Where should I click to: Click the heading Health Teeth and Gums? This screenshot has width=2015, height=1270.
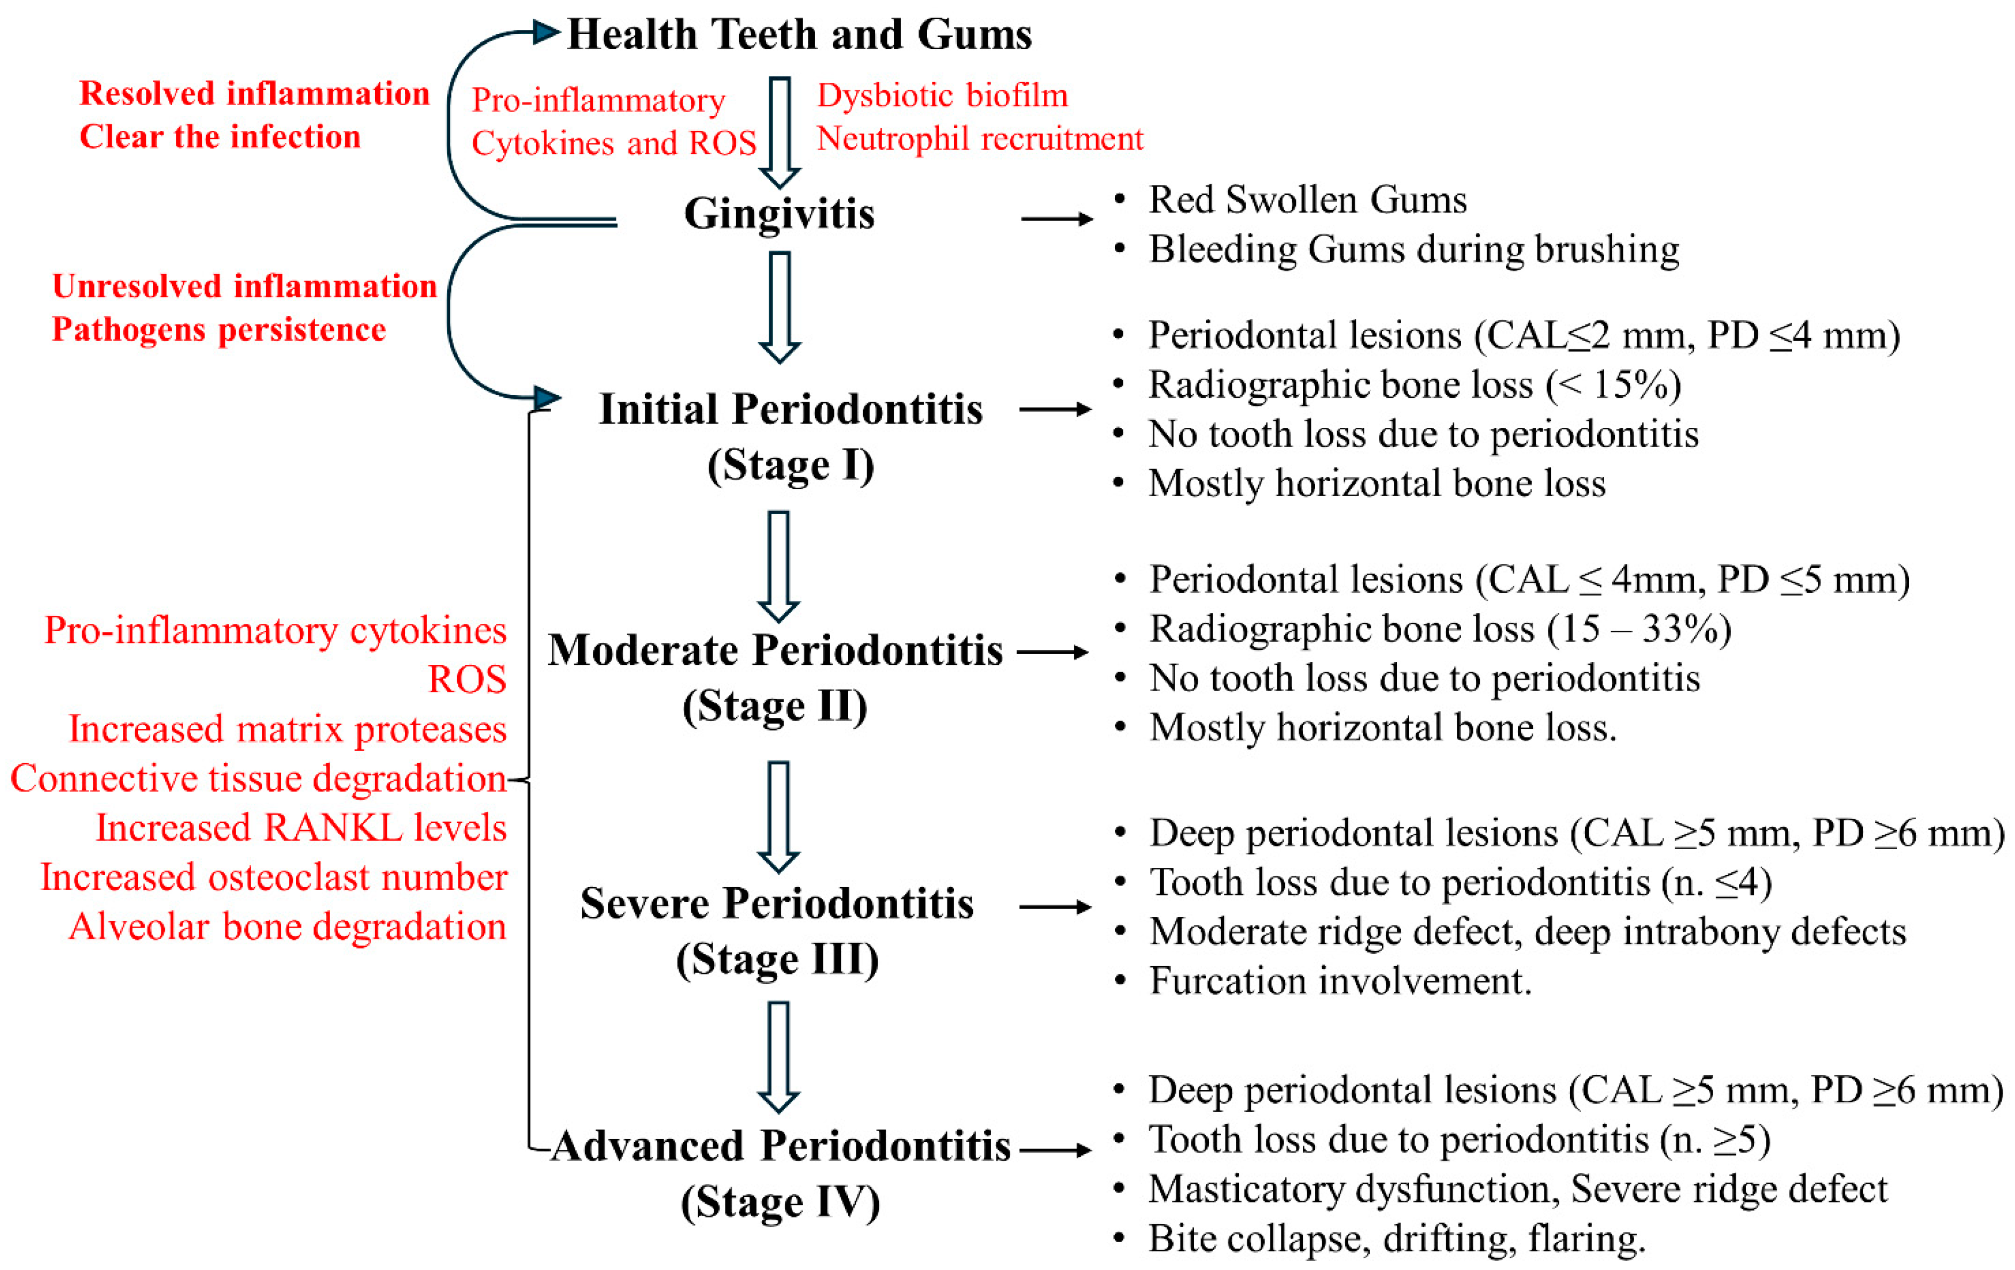(x=799, y=35)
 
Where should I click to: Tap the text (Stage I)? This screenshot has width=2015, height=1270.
(x=791, y=465)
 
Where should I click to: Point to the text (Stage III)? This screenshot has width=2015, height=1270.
(x=777, y=959)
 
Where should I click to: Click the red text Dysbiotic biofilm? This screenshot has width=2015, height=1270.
(x=942, y=96)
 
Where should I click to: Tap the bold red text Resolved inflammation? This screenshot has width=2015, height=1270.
(x=254, y=93)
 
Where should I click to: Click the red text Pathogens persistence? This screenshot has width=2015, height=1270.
(x=219, y=330)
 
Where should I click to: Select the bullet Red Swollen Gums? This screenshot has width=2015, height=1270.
(x=1307, y=200)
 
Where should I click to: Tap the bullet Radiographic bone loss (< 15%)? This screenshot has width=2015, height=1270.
(x=1414, y=385)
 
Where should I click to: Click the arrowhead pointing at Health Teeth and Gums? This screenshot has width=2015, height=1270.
(x=546, y=33)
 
